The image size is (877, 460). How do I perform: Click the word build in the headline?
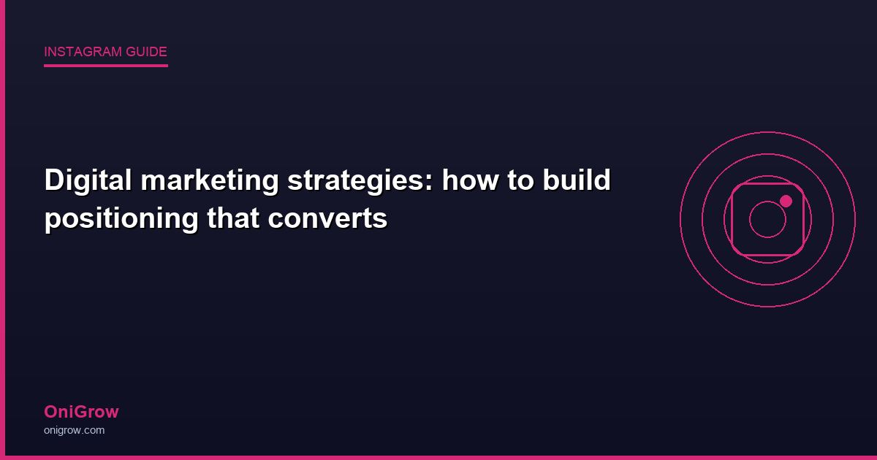(578, 180)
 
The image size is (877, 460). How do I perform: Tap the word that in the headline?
(233, 218)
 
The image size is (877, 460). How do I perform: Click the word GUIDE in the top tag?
(147, 52)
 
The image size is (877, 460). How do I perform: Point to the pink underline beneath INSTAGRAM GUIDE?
(106, 66)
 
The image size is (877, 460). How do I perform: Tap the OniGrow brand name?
(81, 412)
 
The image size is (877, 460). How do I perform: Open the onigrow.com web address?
(74, 430)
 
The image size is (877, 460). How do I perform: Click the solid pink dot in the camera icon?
(786, 201)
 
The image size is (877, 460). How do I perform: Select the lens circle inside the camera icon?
(767, 219)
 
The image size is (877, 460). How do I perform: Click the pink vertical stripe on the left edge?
(2, 230)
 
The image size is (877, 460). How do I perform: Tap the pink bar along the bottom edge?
(438, 457)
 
